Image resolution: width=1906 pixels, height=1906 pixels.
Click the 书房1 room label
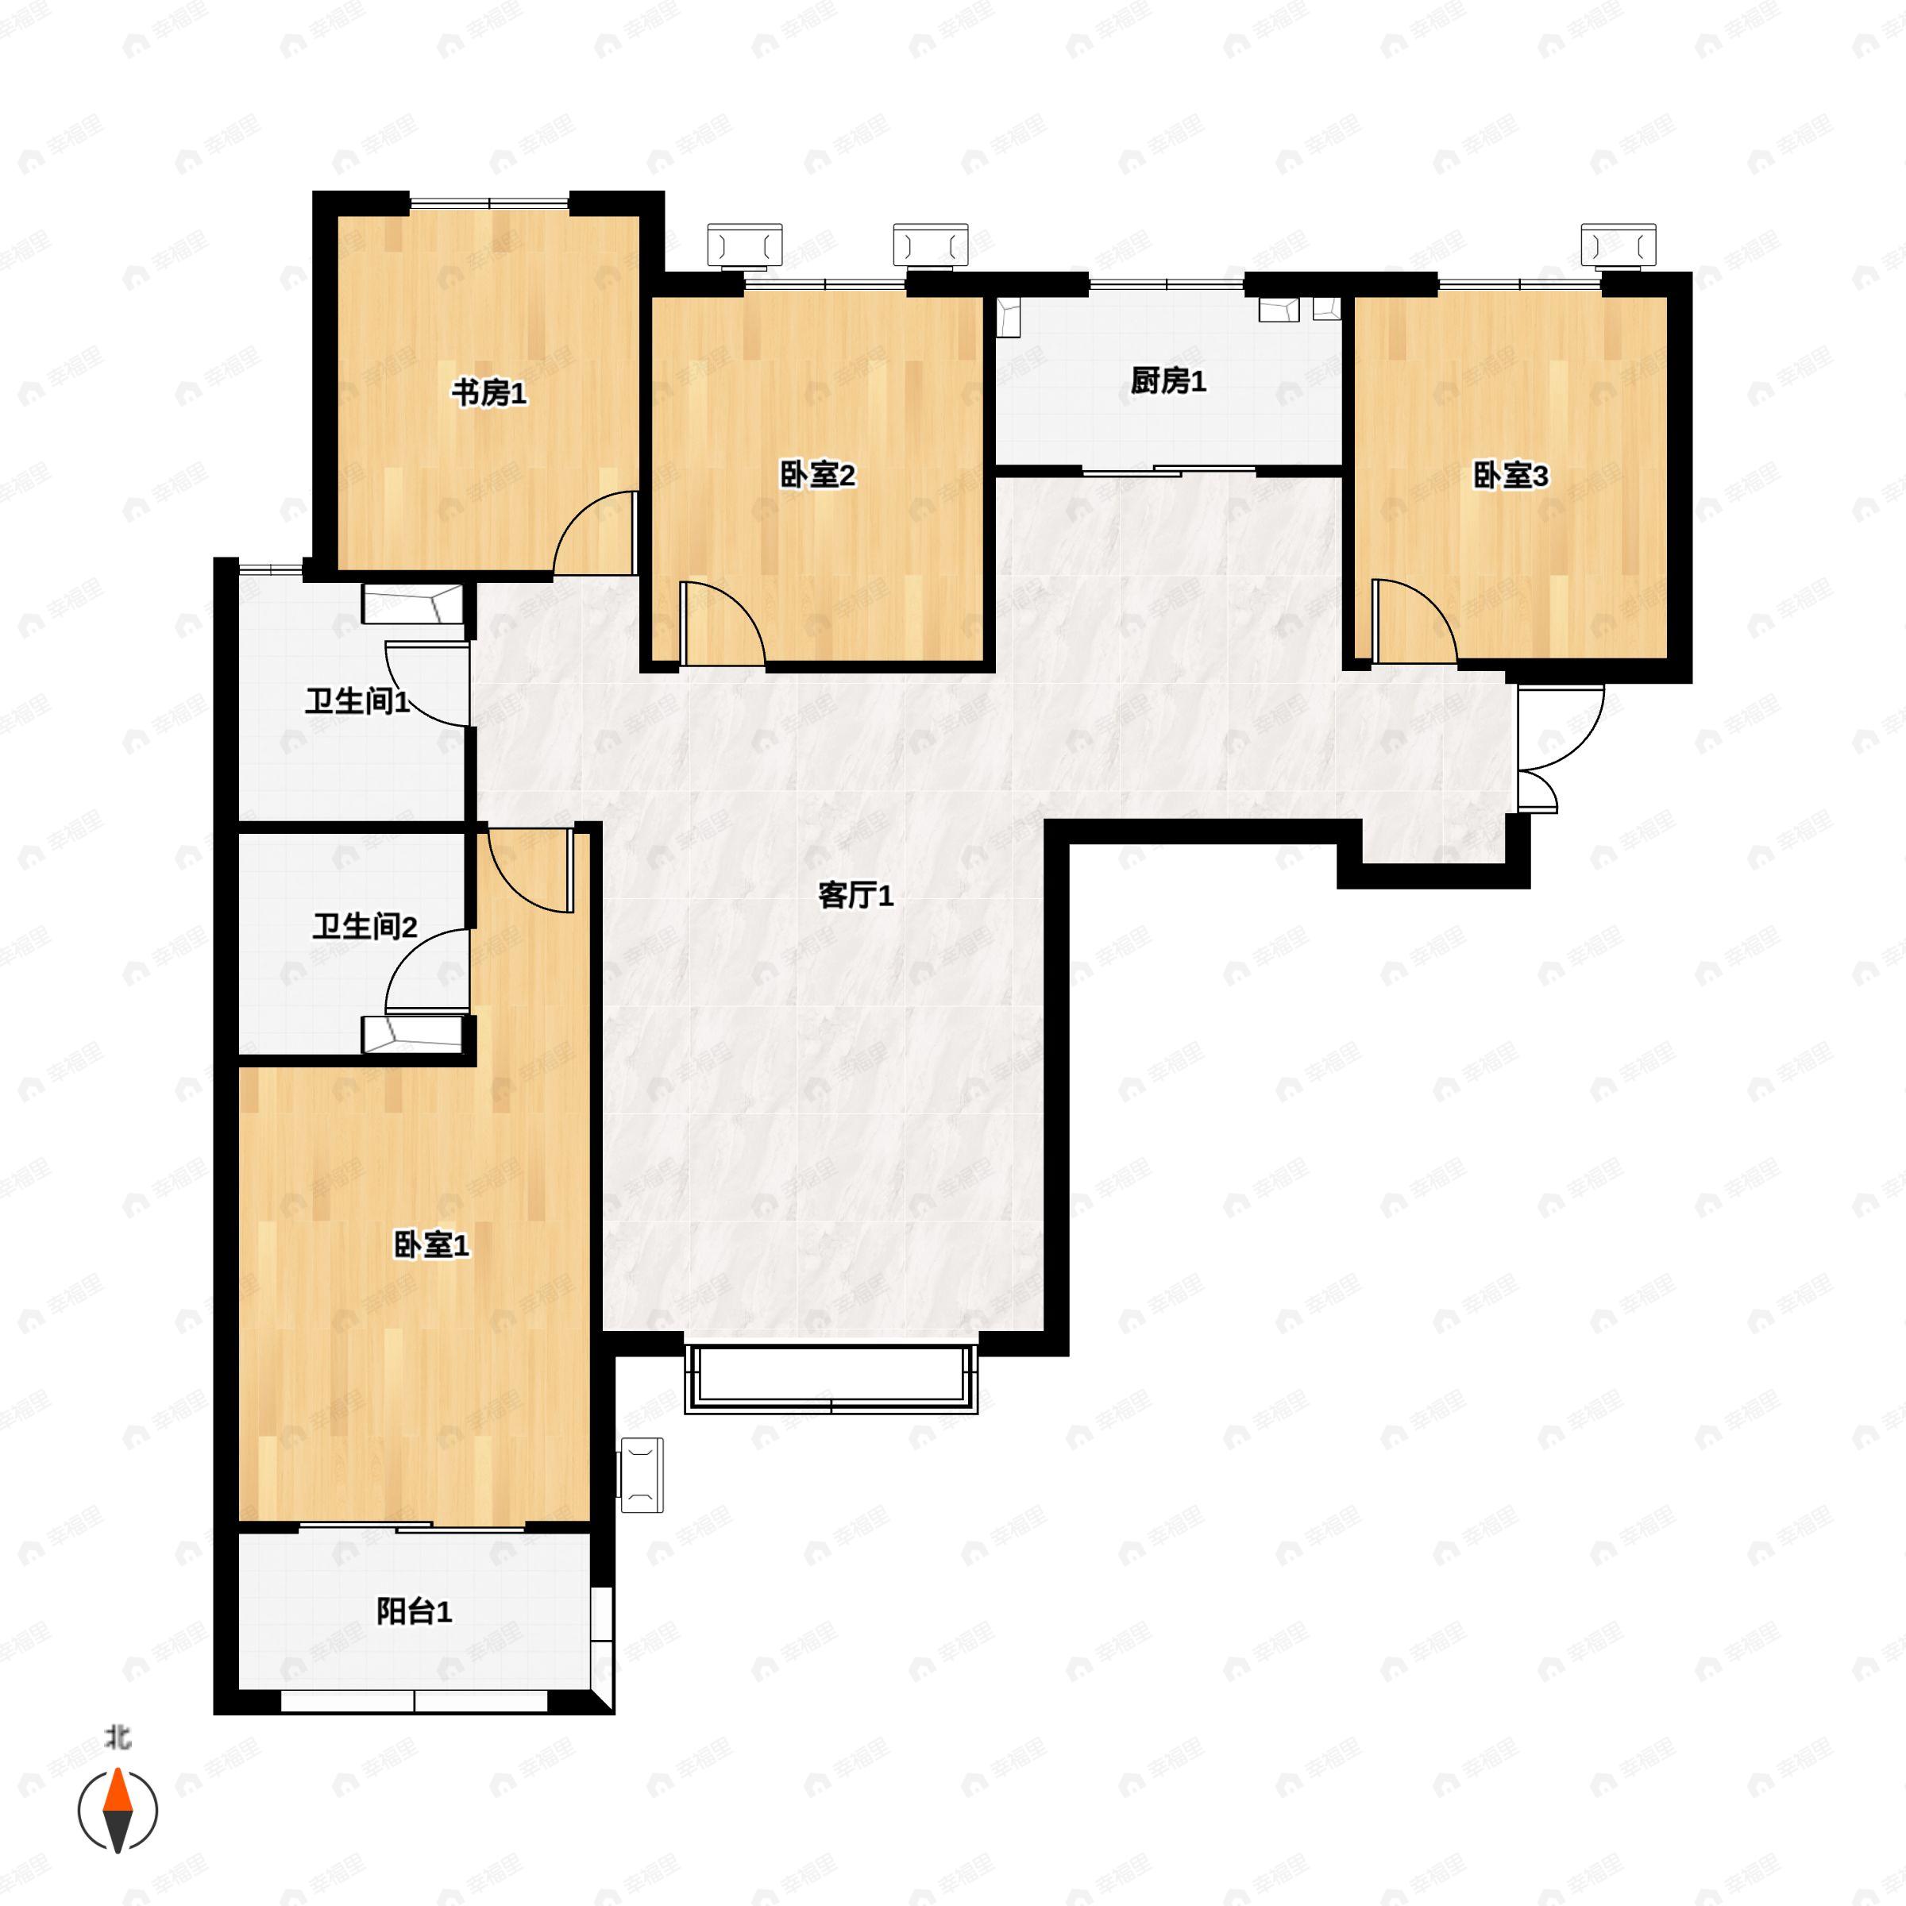(489, 394)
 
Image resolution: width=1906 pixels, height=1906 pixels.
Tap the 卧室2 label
(818, 476)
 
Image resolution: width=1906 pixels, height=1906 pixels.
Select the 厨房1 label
(1168, 381)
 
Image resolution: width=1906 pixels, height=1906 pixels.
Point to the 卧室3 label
(1511, 476)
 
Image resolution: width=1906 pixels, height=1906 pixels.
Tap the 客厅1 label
(855, 896)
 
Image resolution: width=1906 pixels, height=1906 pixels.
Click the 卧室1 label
(431, 1245)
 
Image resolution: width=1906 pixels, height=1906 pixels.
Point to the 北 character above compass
(118, 1736)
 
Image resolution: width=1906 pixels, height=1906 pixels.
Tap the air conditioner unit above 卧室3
(1618, 245)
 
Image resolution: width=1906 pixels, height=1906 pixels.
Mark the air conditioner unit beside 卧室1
(640, 1475)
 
